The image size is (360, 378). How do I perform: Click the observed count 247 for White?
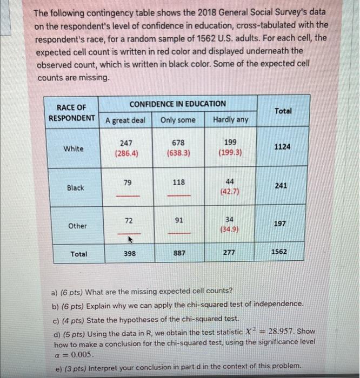coord(125,143)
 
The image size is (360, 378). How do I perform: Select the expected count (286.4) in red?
coord(125,153)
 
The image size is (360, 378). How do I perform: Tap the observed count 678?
coord(178,143)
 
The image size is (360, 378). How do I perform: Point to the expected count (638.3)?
coord(178,153)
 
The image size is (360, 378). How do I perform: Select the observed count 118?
coord(178,183)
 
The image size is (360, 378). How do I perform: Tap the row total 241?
coord(281,186)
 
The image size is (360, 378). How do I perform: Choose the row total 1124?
coord(281,146)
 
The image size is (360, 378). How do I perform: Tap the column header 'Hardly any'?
coord(230,120)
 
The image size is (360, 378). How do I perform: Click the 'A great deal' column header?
coord(125,120)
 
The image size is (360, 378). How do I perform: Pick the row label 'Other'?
coord(77,226)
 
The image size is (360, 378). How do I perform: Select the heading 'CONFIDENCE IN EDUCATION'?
coord(178,104)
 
